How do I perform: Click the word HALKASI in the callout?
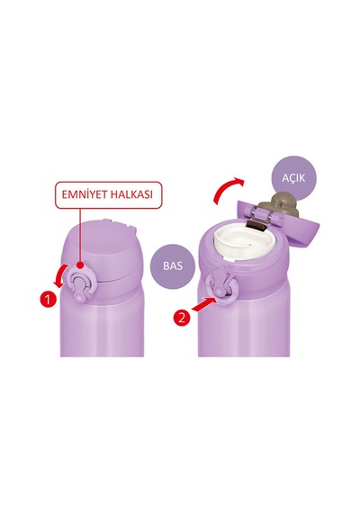click(x=132, y=194)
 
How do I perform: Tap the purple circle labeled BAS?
click(x=173, y=265)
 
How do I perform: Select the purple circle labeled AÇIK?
click(x=293, y=178)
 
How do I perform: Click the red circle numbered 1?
click(x=48, y=300)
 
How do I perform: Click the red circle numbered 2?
click(x=182, y=317)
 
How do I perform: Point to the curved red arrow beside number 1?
click(x=61, y=275)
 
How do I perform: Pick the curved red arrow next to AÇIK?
click(x=227, y=189)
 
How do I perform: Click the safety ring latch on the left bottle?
click(x=80, y=283)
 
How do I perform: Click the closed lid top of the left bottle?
click(x=104, y=247)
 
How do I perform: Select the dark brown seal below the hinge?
click(x=256, y=225)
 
